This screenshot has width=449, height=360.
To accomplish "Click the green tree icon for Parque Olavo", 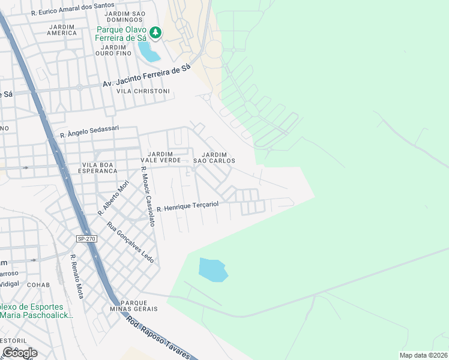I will (155, 32).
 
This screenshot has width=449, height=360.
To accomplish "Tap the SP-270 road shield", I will (86, 239).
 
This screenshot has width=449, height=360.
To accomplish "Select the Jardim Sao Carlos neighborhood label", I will (214, 157).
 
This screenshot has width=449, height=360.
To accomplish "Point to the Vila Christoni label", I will (143, 91).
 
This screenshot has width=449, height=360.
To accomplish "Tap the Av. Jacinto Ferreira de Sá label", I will (146, 77).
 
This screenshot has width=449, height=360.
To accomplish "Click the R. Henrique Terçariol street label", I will (187, 206).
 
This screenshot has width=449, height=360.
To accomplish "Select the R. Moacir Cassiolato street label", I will (148, 196).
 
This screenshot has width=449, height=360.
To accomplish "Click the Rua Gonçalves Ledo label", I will (130, 242).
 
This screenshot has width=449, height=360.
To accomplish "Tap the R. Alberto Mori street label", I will (113, 197).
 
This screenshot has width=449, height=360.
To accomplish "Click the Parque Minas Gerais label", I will (139, 306).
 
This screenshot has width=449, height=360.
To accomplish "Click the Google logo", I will (19, 353).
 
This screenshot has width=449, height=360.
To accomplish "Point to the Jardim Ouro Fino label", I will (113, 50).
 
